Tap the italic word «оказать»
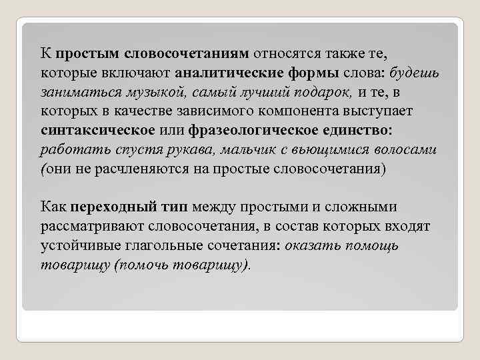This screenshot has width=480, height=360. (312, 246)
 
